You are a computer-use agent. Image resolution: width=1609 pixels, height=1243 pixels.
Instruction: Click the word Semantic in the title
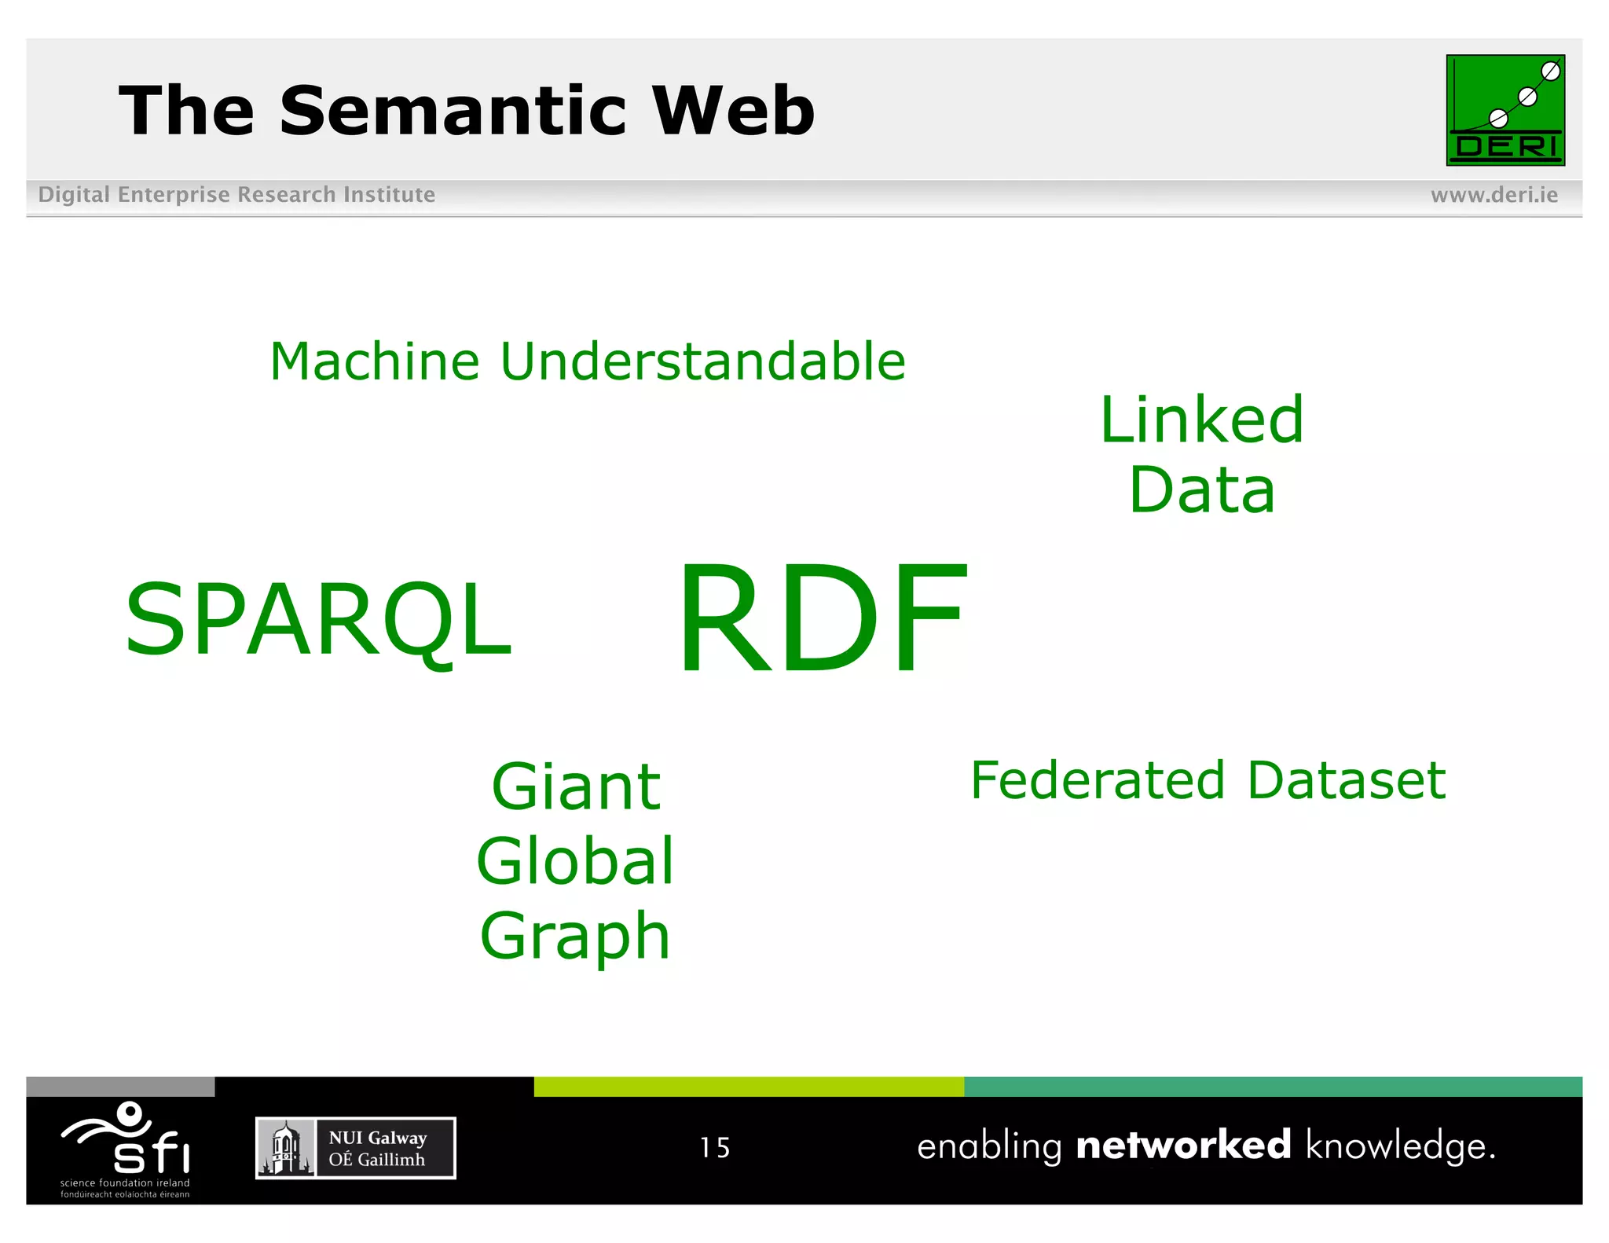[454, 111]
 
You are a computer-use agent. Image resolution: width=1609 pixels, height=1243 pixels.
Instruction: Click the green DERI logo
[1505, 110]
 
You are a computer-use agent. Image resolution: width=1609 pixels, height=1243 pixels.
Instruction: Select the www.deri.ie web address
[1494, 195]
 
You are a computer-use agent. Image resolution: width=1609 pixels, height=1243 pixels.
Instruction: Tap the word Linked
[1201, 420]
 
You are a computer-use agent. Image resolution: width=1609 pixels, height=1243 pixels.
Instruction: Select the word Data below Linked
[1201, 490]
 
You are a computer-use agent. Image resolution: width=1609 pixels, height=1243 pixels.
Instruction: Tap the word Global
[575, 861]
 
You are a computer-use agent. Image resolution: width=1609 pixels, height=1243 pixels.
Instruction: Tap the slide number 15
[715, 1148]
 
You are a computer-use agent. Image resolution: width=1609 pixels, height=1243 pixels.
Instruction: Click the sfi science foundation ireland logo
[126, 1149]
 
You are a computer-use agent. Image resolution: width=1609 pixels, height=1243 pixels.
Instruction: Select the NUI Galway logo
[355, 1148]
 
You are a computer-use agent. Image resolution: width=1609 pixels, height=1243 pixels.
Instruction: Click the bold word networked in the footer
[1183, 1146]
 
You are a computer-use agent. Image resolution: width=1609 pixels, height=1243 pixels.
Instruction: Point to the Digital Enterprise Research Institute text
[236, 195]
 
